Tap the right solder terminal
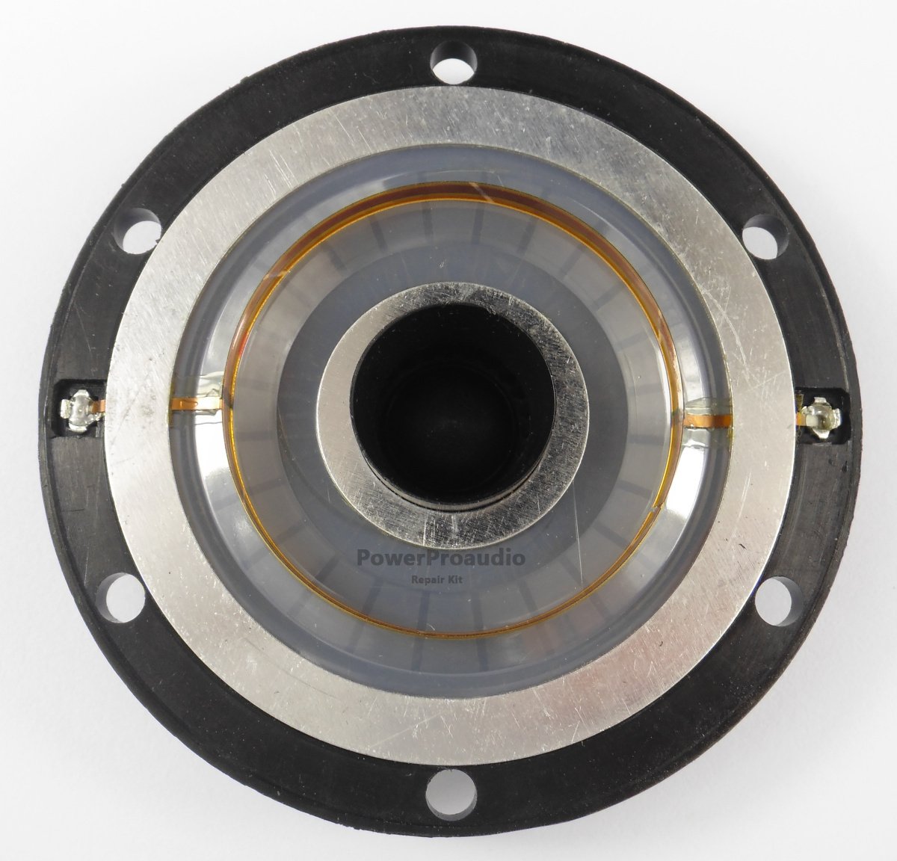[x=821, y=419]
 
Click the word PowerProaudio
[x=441, y=558]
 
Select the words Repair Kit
[x=437, y=580]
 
